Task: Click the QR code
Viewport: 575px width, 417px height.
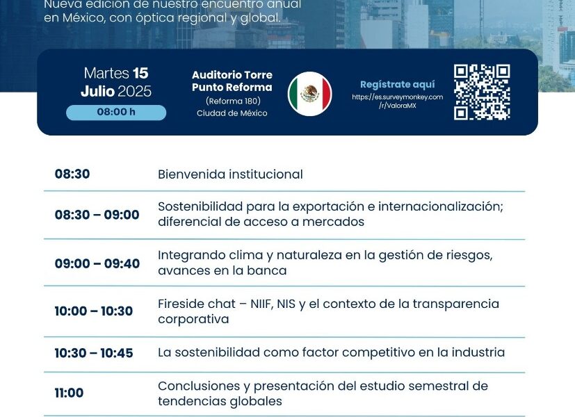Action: pos(482,92)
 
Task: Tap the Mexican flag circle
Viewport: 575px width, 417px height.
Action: pos(310,94)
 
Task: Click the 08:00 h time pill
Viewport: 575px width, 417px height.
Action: pos(116,112)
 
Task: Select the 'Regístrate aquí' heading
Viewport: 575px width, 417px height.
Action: pos(398,84)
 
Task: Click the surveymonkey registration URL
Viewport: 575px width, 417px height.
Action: pos(398,101)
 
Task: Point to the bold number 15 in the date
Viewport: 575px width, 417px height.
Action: pos(140,73)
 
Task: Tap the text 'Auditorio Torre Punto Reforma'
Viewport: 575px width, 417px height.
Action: pos(232,81)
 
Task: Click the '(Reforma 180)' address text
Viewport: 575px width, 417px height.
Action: pos(233,101)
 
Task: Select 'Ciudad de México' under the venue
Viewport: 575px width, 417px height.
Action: pos(232,113)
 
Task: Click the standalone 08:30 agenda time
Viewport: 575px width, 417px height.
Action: pos(72,174)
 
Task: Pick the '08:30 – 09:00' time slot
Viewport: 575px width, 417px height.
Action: pos(97,215)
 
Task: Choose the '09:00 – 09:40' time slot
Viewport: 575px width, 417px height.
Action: pos(97,263)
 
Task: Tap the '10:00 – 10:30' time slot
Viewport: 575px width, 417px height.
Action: pos(94,311)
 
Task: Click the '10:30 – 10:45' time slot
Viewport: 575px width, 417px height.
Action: pos(94,353)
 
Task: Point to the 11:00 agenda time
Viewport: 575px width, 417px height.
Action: pos(69,393)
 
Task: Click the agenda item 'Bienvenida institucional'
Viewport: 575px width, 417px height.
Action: pos(230,174)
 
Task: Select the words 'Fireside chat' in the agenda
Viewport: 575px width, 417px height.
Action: pos(197,304)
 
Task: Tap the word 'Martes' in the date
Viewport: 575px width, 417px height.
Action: pos(106,73)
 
